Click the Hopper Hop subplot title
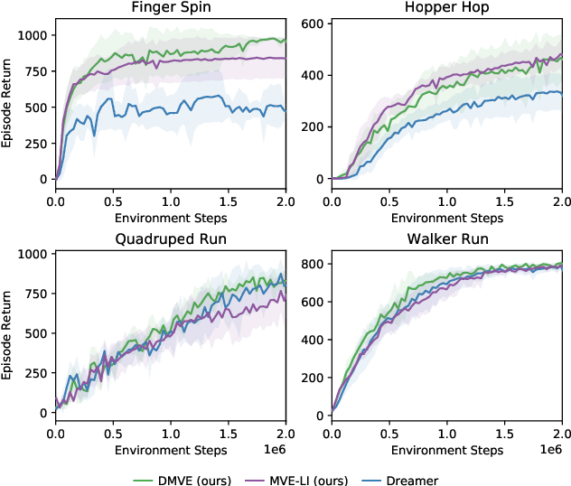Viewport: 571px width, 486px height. [446, 9]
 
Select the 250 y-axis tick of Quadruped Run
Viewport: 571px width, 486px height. [37, 373]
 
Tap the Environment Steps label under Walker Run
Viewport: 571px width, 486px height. [446, 448]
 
